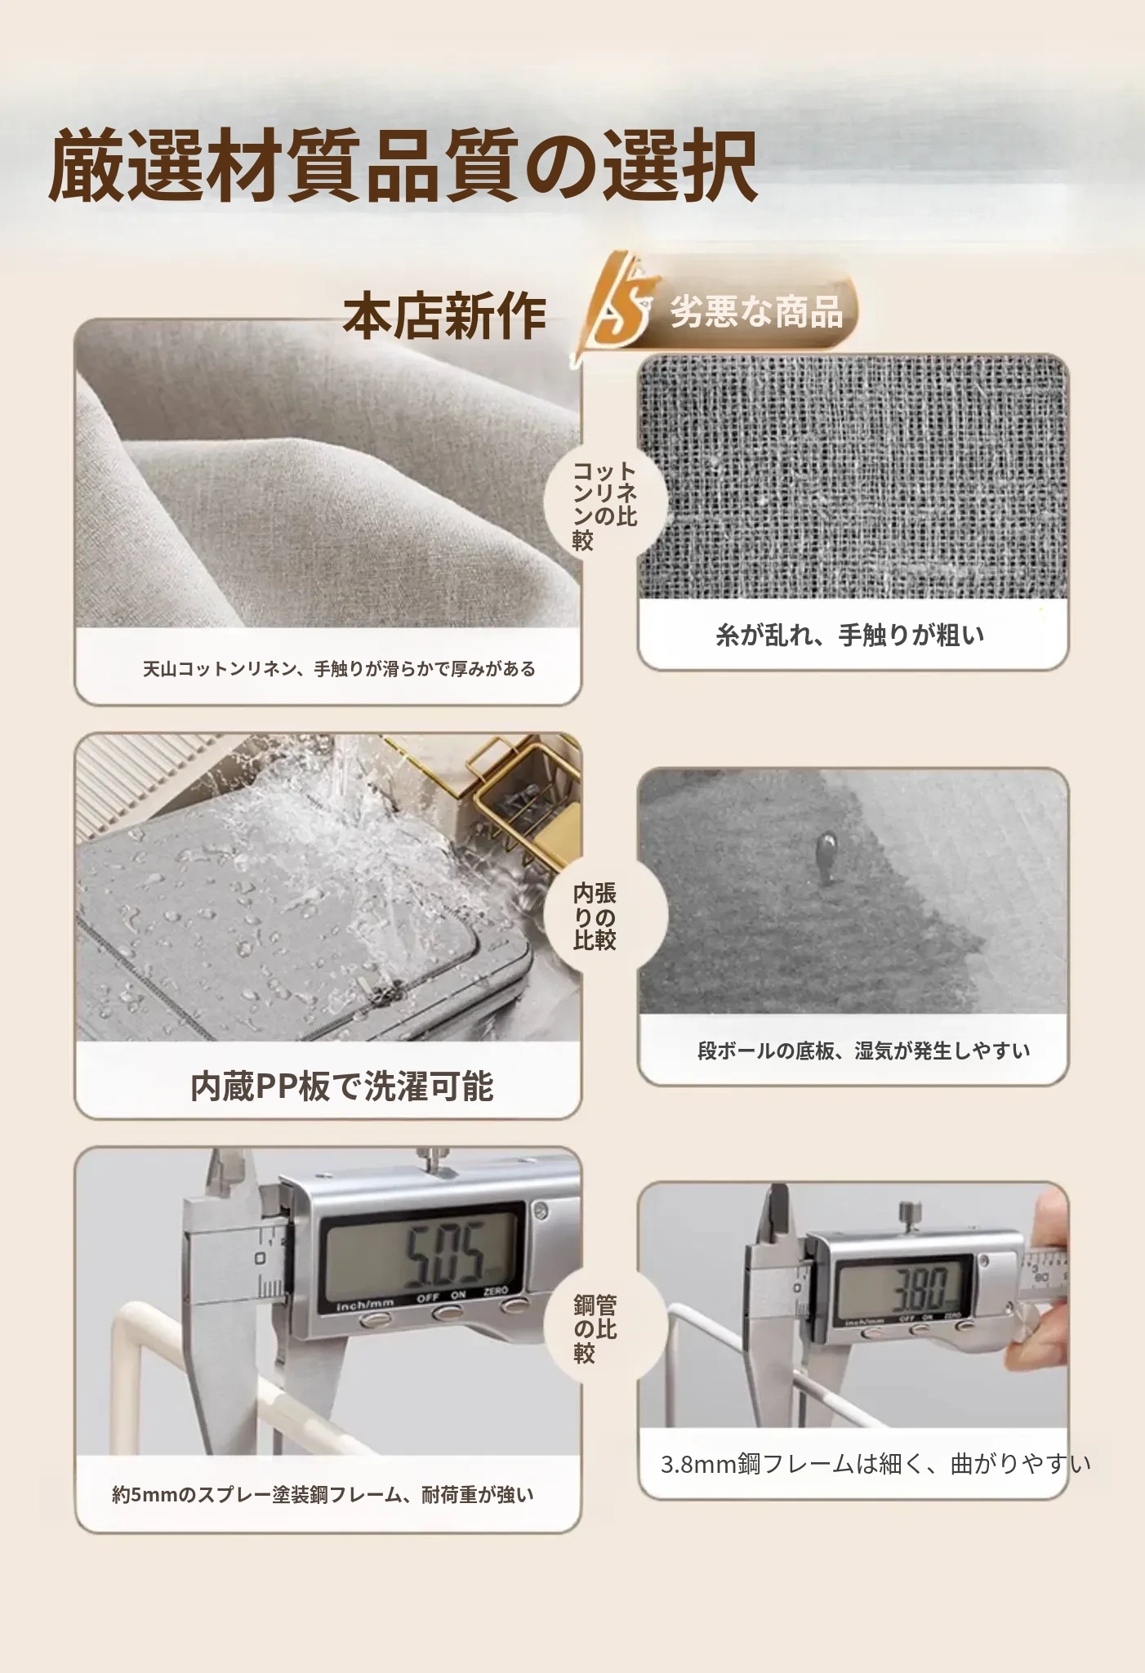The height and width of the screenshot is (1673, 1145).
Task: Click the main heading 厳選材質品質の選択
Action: pos(403,165)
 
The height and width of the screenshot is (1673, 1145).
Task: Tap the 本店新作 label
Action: pos(444,316)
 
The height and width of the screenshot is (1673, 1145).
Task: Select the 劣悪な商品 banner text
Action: pos(756,311)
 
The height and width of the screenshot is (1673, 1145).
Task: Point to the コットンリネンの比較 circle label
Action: pos(604,506)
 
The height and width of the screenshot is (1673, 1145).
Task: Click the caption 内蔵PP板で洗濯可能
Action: pos(341,1086)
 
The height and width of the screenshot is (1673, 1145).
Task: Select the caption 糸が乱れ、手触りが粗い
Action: pos(850,635)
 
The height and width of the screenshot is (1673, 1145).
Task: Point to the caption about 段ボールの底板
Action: pos(864,1051)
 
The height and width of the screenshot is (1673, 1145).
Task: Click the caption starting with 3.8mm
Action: pos(875,1464)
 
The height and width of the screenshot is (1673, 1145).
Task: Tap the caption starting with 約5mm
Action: pos(323,1495)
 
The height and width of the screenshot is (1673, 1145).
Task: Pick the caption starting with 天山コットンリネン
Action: pos(339,669)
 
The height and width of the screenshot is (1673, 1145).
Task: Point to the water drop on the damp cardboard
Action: pos(826,856)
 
